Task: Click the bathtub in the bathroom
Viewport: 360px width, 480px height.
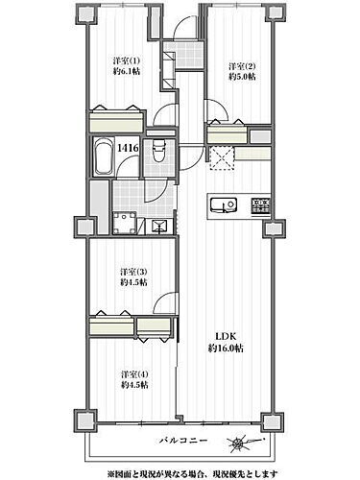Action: [104, 156]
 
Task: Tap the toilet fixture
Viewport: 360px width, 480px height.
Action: [158, 152]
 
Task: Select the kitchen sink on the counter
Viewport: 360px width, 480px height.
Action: [224, 204]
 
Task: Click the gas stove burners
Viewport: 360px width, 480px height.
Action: [261, 206]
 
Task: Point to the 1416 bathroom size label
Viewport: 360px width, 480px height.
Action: [128, 148]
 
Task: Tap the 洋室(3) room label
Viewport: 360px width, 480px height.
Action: [133, 273]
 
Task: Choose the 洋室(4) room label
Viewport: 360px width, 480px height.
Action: [134, 374]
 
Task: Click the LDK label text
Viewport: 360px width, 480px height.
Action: [226, 337]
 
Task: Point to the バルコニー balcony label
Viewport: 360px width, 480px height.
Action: [183, 441]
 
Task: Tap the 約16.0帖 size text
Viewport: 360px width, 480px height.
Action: [226, 348]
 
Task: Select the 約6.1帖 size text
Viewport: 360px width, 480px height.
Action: [127, 71]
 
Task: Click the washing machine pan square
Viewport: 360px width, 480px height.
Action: [125, 223]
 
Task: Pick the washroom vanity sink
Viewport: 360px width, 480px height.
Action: [159, 227]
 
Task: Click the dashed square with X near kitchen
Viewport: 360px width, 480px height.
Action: [223, 158]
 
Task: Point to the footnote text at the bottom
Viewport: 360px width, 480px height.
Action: [192, 472]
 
